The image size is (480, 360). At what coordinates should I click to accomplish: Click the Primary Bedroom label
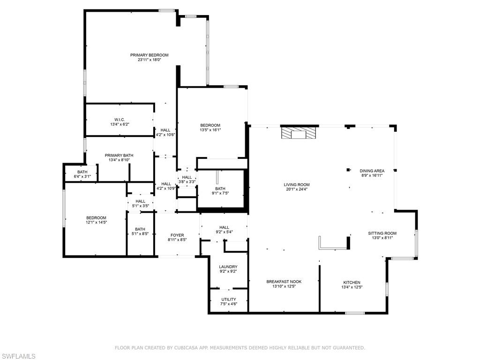point(149,55)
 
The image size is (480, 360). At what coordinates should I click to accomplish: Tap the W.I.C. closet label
point(119,120)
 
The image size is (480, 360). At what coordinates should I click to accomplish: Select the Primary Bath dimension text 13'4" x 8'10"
point(119,160)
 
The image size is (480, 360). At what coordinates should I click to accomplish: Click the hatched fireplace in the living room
point(299,134)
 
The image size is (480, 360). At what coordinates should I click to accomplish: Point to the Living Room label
point(296,185)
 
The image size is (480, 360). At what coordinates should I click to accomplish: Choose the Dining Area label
point(372,171)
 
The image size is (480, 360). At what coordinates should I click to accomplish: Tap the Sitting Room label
point(382,233)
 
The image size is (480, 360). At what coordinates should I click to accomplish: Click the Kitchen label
point(352,283)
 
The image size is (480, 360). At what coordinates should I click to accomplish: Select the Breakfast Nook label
point(284,282)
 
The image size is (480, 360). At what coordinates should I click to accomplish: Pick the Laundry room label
point(228,267)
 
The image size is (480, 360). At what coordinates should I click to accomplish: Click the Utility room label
point(229,299)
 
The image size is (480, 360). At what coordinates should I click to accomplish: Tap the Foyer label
point(177,235)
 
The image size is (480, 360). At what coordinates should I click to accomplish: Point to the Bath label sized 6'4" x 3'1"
point(82,172)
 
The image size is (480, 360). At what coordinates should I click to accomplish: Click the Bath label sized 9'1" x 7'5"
point(220,188)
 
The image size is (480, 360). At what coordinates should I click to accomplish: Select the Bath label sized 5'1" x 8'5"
point(140,229)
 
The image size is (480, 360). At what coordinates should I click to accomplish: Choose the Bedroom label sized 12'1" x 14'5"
point(96,217)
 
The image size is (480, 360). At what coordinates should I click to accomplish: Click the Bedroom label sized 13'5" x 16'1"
point(210,125)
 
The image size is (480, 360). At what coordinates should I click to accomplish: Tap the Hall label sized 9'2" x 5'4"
point(224,227)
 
